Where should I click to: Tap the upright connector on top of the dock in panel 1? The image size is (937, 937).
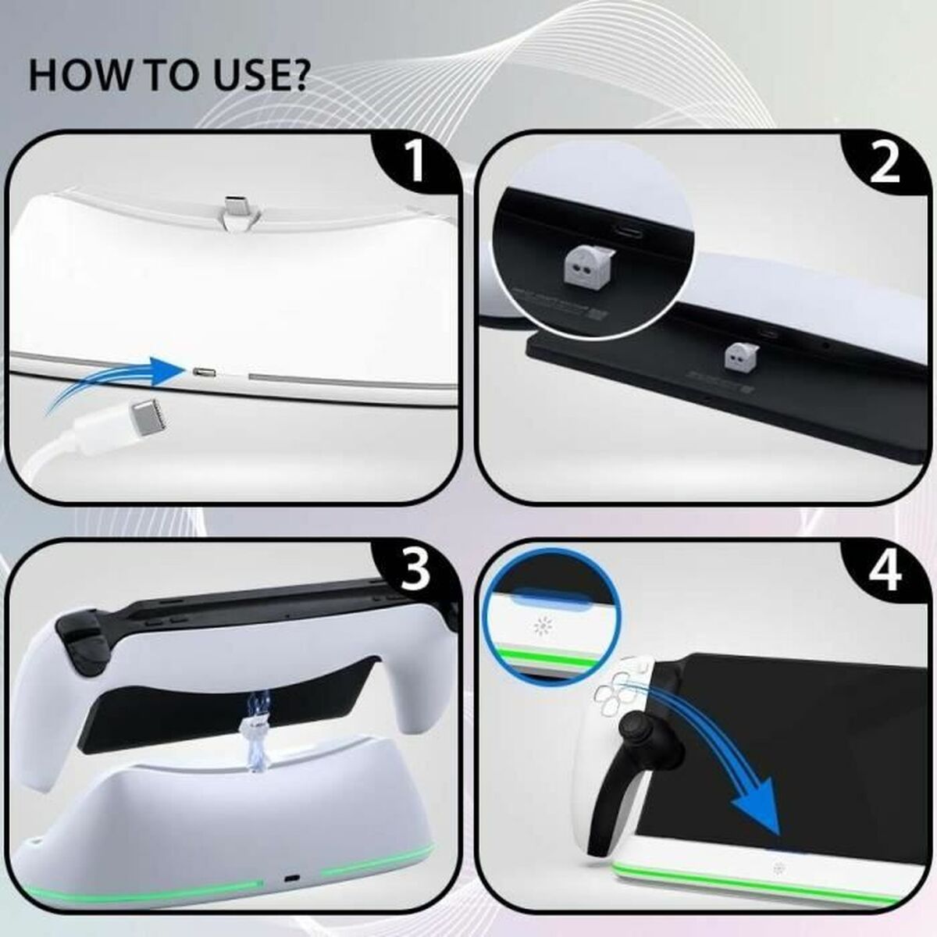tap(234, 213)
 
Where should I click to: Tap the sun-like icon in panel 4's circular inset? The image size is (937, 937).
tap(542, 627)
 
